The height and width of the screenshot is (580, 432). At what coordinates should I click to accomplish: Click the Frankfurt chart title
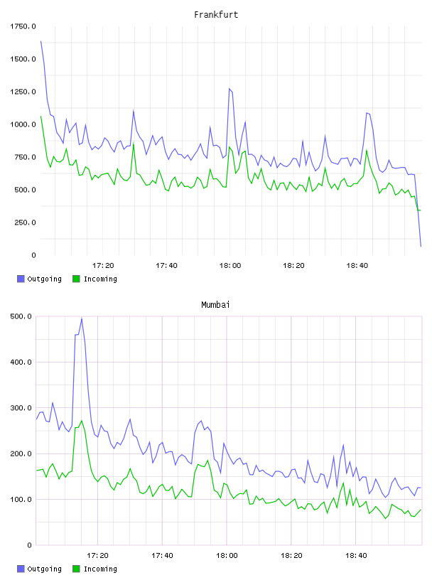click(216, 14)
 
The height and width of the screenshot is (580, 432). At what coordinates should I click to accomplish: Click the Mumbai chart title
click(215, 304)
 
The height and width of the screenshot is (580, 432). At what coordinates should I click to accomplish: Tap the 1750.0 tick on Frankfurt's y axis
click(23, 26)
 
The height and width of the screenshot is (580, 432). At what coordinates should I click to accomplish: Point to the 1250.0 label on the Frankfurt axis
click(23, 92)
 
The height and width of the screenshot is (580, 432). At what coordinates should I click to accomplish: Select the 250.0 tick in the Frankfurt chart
click(25, 222)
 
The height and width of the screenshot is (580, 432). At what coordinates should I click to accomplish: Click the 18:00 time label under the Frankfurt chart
click(230, 265)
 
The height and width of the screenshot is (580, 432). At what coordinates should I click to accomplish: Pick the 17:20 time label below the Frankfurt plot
click(103, 265)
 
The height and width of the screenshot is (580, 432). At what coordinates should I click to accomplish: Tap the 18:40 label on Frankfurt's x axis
click(357, 265)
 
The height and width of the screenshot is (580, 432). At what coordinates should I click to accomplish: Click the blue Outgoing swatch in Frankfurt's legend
click(21, 279)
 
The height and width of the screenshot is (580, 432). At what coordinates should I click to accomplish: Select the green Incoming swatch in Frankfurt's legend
click(76, 279)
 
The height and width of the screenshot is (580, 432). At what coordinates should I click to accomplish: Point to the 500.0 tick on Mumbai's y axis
click(21, 316)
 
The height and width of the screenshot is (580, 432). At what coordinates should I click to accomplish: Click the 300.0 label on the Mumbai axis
click(21, 407)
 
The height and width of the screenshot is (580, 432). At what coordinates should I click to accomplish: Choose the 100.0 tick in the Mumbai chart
click(21, 500)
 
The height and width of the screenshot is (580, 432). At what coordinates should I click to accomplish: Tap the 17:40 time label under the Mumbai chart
click(162, 555)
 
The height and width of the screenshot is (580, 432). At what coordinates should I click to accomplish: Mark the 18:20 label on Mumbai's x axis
click(291, 555)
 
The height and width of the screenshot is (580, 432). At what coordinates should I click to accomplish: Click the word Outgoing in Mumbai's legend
click(44, 569)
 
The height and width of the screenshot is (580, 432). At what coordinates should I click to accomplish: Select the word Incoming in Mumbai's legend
click(100, 569)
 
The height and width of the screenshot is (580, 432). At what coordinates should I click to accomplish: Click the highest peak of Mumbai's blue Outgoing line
click(82, 318)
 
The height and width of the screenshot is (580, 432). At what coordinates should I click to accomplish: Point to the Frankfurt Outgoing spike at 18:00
click(229, 89)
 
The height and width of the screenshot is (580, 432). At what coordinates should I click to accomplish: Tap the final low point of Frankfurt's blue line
click(421, 246)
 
